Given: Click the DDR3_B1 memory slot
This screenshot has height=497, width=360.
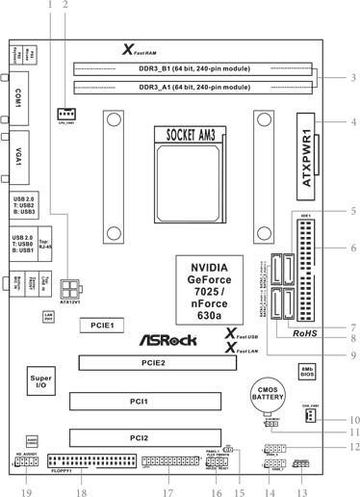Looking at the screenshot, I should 193,70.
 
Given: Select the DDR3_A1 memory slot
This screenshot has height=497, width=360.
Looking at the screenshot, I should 193,87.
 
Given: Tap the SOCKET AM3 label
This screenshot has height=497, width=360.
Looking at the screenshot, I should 191,136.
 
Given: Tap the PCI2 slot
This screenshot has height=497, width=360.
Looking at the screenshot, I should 142,438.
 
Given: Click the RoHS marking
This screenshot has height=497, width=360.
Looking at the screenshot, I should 304,333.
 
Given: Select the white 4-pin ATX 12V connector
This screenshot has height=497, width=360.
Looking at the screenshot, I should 69,289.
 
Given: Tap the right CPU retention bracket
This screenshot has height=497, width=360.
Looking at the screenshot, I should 264,177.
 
